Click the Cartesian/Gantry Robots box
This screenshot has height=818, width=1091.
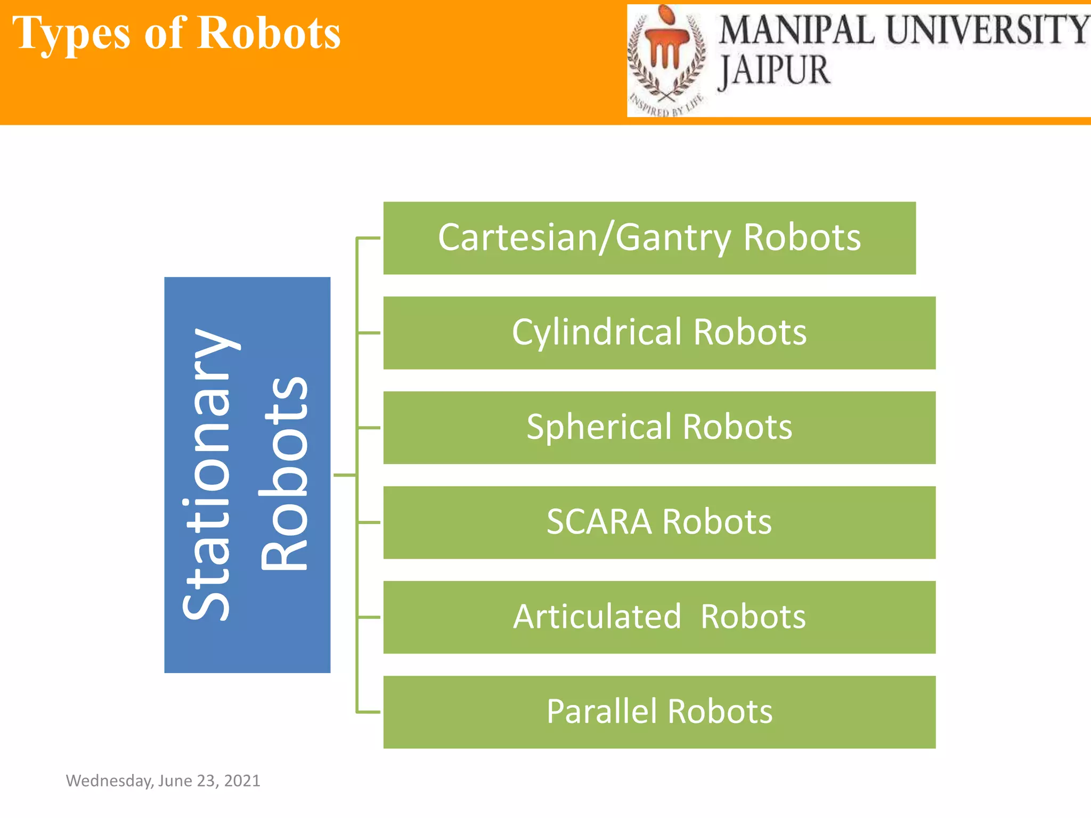point(649,238)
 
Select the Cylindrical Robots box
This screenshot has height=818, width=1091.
point(659,333)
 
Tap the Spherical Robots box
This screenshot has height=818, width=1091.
point(659,428)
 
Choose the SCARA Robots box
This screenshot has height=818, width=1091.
point(659,522)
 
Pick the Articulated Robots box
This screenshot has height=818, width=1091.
point(659,617)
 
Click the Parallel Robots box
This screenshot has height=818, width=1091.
point(659,712)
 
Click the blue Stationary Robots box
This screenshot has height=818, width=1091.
point(247,475)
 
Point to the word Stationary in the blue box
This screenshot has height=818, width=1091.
point(207,475)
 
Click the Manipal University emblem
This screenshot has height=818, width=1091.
point(667,59)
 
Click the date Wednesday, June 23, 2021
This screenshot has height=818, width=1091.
point(163,781)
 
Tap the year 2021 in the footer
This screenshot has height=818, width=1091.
point(242,781)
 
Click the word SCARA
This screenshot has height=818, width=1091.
point(599,522)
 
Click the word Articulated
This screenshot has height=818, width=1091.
point(597,617)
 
